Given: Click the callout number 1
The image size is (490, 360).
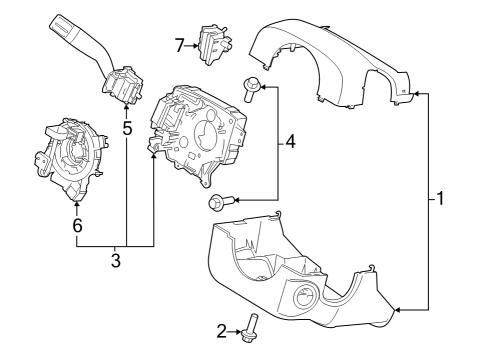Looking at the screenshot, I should pyautogui.click(x=439, y=198).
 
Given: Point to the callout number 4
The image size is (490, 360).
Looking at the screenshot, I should pyautogui.click(x=290, y=143).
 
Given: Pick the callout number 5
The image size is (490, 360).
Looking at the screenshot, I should pyautogui.click(x=127, y=128).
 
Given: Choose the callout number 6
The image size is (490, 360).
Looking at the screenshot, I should pyautogui.click(x=76, y=226).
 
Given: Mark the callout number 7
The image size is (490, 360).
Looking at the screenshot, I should pyautogui.click(x=180, y=45).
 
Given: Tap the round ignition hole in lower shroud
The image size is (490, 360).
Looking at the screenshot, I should pyautogui.click(x=306, y=300).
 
